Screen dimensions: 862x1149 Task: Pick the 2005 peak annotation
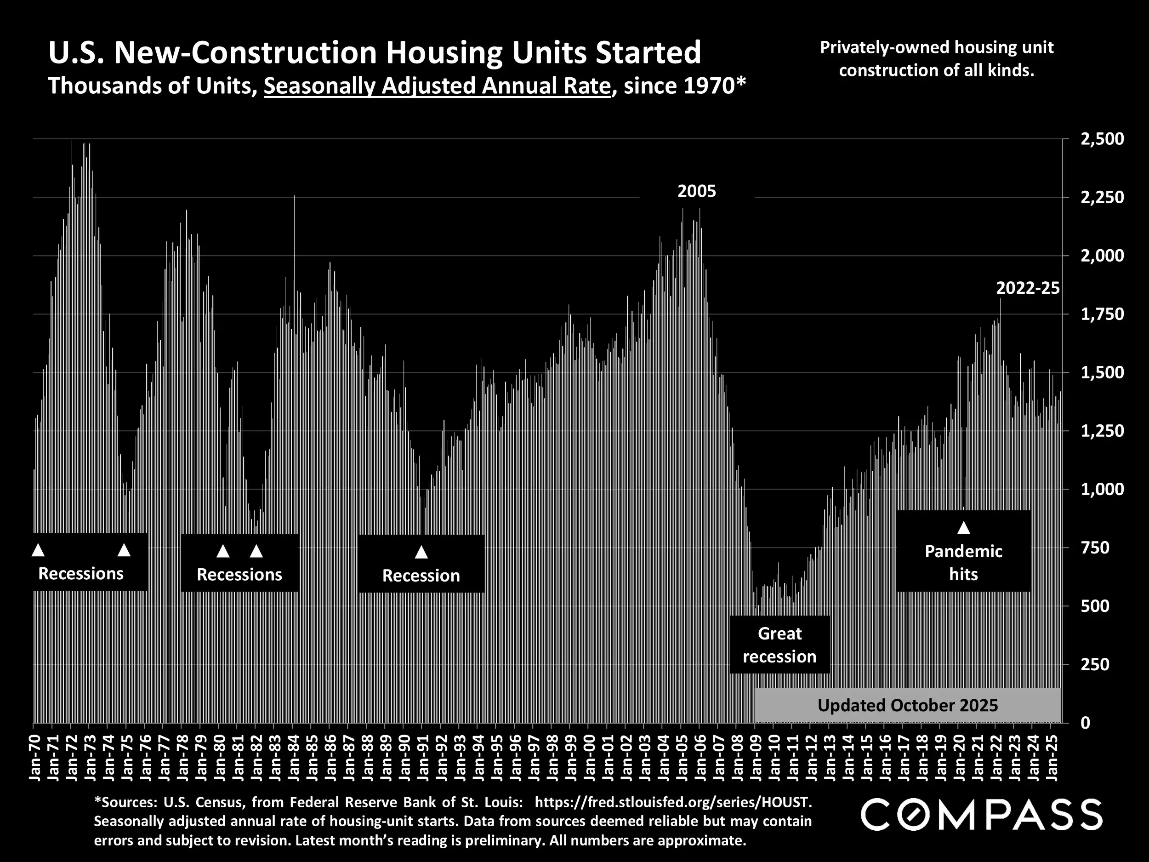[x=697, y=192]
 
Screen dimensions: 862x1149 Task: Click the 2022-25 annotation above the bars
[x=1028, y=288]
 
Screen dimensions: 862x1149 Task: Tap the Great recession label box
[x=779, y=645]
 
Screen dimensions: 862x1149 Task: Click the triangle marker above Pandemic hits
[x=964, y=528]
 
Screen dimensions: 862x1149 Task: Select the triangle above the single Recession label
[x=421, y=552]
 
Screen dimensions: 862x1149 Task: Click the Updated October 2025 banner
[x=907, y=706]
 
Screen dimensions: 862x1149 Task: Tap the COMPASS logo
[x=981, y=815]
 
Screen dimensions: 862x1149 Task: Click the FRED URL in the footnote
[x=673, y=803]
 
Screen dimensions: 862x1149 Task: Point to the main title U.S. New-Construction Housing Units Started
[x=375, y=53]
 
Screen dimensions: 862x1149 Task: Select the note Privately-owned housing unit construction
[x=937, y=59]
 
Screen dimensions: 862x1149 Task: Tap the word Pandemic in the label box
[x=964, y=551]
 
